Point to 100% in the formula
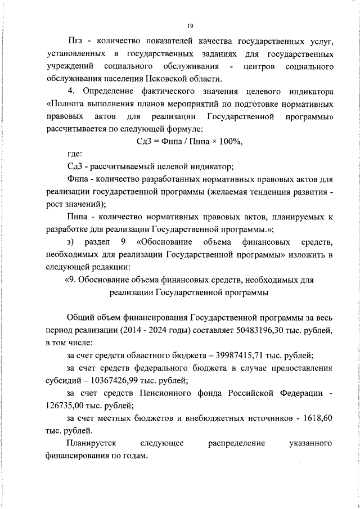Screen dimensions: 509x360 click(x=229, y=141)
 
